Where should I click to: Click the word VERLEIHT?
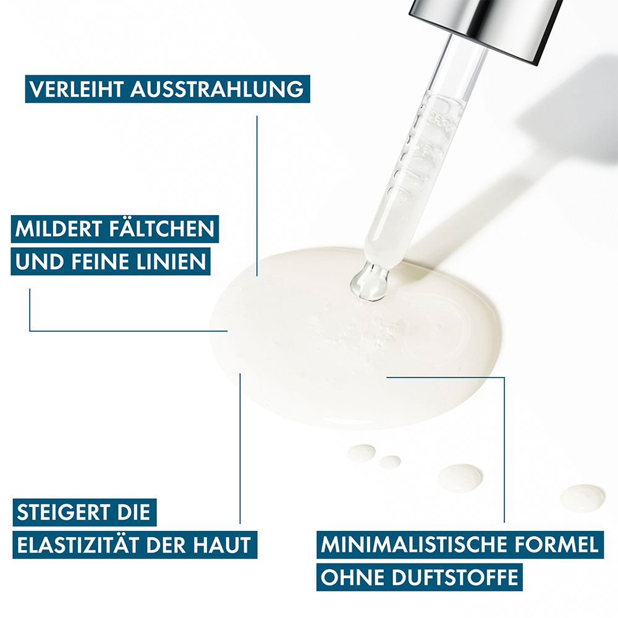point(77,89)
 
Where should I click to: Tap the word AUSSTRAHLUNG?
point(217,89)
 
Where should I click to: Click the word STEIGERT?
point(61,512)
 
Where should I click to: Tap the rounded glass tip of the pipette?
point(370,283)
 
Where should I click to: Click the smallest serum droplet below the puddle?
point(390,462)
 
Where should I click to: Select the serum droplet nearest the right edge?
point(582,498)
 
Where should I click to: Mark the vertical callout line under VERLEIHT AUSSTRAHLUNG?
point(257,196)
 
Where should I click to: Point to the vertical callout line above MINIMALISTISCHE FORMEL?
point(504,450)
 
